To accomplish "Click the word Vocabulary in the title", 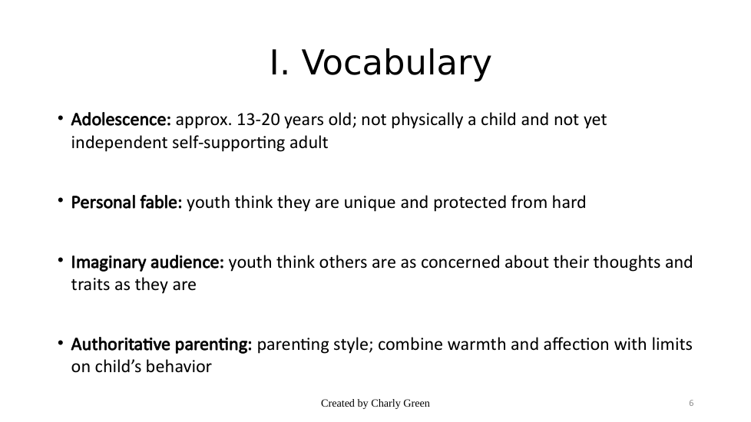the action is (396, 63).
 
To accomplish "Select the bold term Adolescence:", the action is (121, 119).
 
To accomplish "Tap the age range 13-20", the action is (258, 119).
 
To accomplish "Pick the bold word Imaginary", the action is (109, 262).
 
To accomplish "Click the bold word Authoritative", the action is (121, 344).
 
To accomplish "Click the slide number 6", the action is (691, 403).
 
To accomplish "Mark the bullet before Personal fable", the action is (61, 200).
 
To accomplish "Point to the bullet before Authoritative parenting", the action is (61, 342).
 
